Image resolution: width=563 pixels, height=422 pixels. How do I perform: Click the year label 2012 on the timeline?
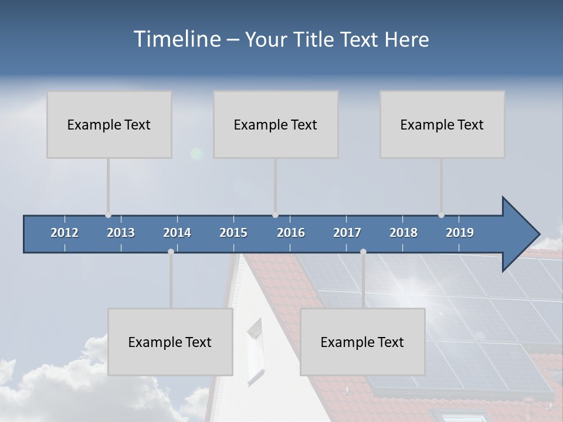pos(65,233)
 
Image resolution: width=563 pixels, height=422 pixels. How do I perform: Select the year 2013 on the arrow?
pos(121,233)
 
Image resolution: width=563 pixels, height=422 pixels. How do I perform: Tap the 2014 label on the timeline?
pos(177,233)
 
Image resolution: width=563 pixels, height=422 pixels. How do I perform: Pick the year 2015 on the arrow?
pos(233,233)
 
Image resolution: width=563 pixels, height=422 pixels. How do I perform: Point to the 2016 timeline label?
pos(291,233)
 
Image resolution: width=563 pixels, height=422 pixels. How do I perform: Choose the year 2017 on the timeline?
pos(347,233)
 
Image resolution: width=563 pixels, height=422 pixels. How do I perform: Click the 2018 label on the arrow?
pos(403,233)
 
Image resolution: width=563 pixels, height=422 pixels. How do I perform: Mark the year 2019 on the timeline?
pos(460,233)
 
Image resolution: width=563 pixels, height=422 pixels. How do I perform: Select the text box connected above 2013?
pos(109,124)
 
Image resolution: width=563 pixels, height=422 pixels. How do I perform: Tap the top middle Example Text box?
pos(276,124)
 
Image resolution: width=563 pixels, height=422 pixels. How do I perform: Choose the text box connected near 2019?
pos(442,124)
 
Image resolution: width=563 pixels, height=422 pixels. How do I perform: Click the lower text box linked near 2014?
pos(170,342)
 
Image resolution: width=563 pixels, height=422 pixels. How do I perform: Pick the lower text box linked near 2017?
pos(362,342)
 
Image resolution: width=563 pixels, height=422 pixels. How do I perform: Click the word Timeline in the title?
pos(177,39)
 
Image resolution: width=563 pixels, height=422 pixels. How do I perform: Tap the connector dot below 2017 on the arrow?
pos(363,251)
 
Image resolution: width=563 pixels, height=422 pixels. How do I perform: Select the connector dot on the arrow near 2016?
pos(276,215)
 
